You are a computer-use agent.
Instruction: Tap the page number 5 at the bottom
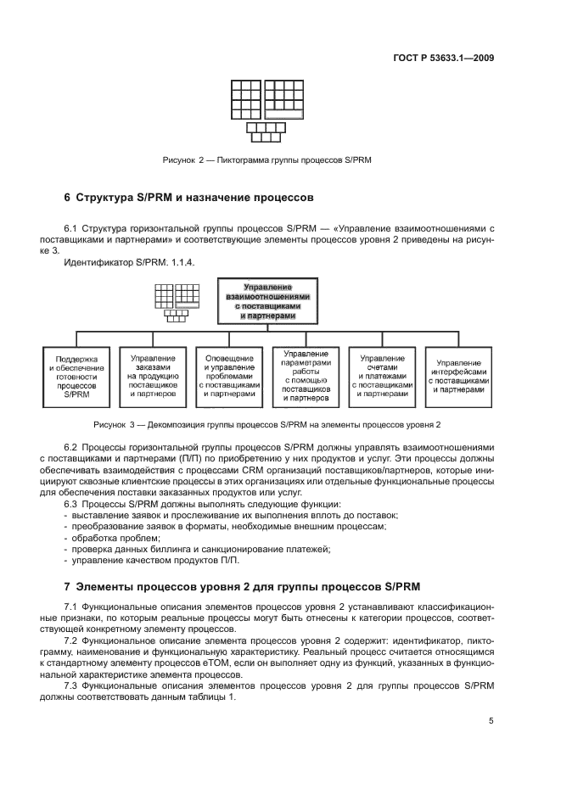coord(491,721)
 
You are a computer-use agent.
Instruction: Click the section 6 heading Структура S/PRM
coord(189,198)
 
